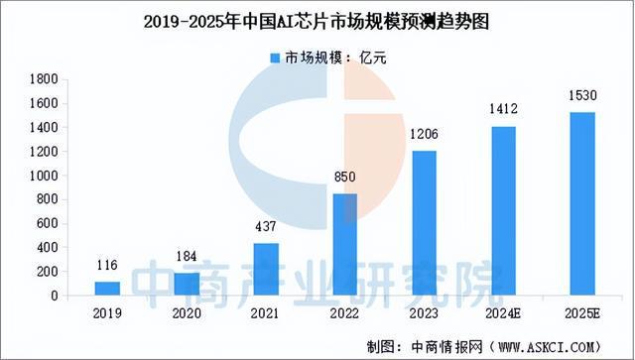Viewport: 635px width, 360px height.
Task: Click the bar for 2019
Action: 107,289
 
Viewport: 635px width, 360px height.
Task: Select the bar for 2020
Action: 187,285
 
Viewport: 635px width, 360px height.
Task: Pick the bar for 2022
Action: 344,244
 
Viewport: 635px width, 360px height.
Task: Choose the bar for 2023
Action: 424,223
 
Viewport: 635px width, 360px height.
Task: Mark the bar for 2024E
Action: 503,210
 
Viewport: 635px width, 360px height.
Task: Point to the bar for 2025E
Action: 581,203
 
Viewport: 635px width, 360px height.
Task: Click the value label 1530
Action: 581,96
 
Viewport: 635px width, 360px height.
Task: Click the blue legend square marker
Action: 274,57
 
